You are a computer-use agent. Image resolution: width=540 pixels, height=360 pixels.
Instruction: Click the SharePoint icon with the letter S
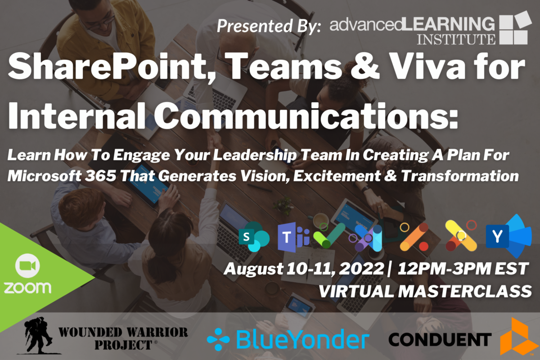254,237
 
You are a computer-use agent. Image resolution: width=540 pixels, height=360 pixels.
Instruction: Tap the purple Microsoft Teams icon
293,237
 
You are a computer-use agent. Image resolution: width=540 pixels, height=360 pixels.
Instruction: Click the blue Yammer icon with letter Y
508,236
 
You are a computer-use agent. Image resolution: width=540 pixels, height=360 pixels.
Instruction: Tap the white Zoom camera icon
27,265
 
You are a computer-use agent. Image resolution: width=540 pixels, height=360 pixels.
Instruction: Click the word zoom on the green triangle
27,288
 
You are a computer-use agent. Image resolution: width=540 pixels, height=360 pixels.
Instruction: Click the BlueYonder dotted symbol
218,339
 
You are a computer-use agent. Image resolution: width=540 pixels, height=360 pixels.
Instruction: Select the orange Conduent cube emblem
515,336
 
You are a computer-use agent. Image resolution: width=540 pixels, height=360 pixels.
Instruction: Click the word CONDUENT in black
440,339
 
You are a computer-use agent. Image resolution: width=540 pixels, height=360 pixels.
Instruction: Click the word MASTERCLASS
465,291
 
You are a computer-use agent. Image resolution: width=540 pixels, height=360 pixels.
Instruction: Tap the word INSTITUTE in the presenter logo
456,39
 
